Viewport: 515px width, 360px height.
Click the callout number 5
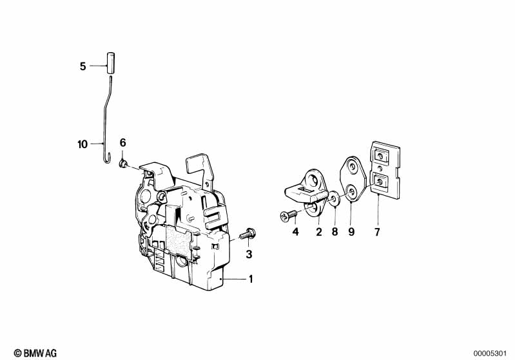[83, 66]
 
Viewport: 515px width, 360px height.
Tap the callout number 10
[82, 144]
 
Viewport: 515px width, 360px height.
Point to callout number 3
[249, 254]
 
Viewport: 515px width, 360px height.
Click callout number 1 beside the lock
[251, 279]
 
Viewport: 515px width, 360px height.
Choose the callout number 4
[295, 231]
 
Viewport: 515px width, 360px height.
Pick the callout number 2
[318, 231]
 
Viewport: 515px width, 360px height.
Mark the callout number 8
[335, 231]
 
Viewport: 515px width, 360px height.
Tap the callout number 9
[351, 231]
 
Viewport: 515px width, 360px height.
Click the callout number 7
[378, 231]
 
